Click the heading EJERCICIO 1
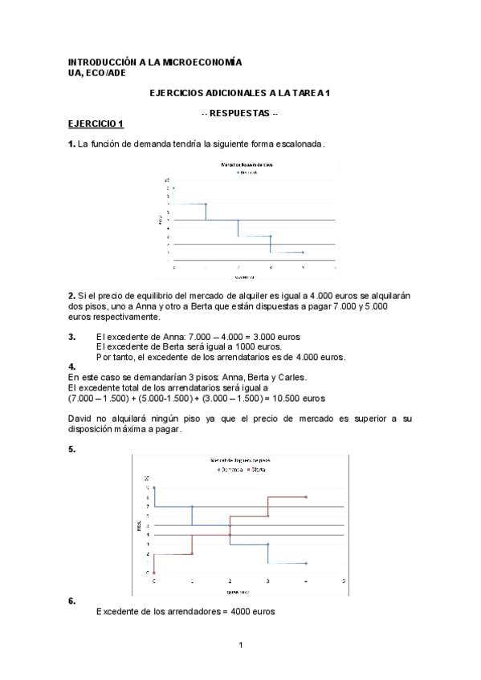coord(96,123)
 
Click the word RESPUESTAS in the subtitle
coord(239,113)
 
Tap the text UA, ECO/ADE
coord(96,71)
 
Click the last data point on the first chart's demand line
coord(303,252)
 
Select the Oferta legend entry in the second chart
coord(257,469)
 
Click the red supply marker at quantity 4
coord(306,497)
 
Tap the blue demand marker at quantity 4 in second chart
coord(306,563)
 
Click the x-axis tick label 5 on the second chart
coord(344,581)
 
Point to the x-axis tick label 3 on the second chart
coord(267,581)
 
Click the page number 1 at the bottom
coord(240,646)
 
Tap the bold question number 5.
coord(71,449)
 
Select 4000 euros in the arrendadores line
coord(253,611)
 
